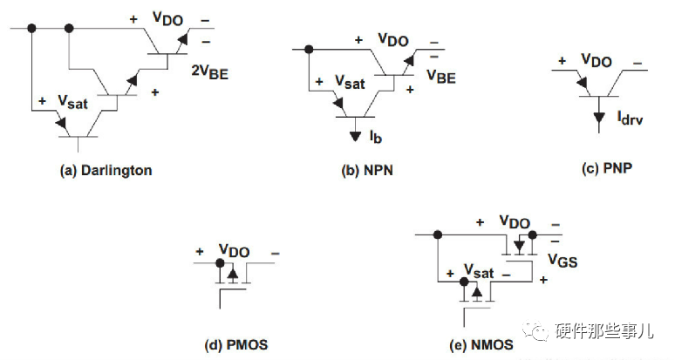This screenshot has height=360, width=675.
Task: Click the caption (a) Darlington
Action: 106,171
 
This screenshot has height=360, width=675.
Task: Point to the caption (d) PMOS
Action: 235,345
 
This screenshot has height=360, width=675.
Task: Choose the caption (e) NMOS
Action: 481,345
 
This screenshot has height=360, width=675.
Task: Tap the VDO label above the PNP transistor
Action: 597,61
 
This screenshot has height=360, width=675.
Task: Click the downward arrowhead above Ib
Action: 355,135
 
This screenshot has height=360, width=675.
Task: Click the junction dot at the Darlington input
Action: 32,28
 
